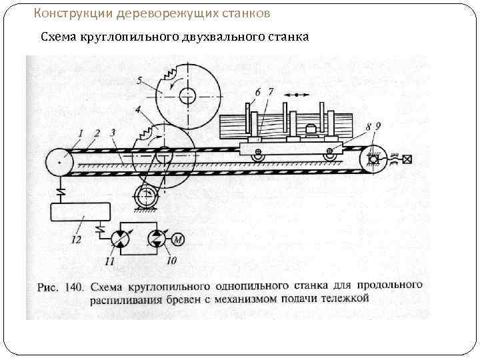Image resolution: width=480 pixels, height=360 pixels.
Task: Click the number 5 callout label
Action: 139,81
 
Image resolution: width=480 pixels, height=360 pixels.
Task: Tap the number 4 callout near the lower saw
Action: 137,108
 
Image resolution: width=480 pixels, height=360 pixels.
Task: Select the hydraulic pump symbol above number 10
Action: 156,239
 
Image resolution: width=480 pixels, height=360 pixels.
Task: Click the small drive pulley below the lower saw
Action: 146,198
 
